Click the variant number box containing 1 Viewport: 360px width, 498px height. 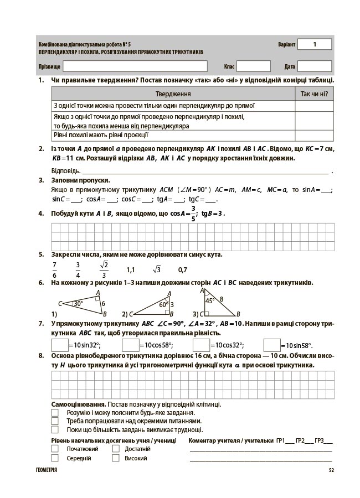pos(314,44)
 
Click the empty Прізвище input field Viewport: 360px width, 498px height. pos(135,66)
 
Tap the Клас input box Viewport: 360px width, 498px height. pos(254,66)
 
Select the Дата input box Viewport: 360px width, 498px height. pos(314,66)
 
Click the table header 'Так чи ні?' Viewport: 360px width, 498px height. pos(314,94)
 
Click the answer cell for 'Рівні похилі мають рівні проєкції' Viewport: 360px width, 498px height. pos(314,135)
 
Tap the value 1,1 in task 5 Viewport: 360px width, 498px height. pos(131,270)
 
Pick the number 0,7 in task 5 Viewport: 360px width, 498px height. pos(183,270)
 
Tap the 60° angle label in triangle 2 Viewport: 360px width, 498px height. pos(163,304)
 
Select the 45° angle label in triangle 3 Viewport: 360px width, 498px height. pos(210,301)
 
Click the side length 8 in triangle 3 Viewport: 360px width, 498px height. pos(222,299)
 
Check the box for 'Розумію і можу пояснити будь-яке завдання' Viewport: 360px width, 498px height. pos(55,413)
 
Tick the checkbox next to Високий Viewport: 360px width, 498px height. pos(116,458)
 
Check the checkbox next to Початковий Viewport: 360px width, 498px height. pos(55,449)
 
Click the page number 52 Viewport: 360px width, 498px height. pos(331,470)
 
